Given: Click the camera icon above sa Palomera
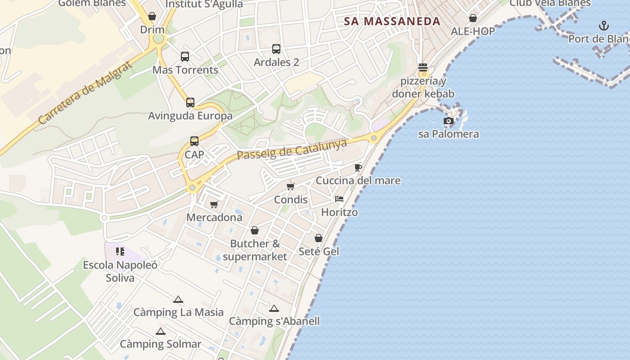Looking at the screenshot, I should [x=449, y=121].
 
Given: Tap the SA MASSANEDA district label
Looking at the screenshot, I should [x=392, y=21].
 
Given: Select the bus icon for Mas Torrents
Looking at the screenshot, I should [x=185, y=57].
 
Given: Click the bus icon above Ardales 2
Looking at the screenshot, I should [x=276, y=49].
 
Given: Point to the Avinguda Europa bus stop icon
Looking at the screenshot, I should [x=190, y=103].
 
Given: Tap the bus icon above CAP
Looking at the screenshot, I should [x=194, y=141].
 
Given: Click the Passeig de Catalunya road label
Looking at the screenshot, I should [x=292, y=149].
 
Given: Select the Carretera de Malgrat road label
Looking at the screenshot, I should [x=85, y=93].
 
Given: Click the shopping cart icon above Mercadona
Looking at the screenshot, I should [x=214, y=205].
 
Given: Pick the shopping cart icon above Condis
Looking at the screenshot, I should [x=291, y=186].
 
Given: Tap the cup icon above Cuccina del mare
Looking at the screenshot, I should [x=358, y=168].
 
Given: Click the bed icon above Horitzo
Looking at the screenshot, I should [x=339, y=199].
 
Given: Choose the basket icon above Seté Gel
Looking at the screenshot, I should [x=319, y=238].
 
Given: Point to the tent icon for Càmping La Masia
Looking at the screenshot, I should [x=178, y=300].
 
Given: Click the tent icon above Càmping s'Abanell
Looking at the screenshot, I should [x=274, y=309].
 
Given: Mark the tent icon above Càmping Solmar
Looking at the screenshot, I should [x=161, y=332].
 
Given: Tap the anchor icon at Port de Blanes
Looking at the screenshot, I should [x=603, y=26].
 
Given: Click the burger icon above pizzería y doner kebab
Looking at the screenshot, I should [x=423, y=67].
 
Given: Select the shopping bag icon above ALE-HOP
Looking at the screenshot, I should [x=473, y=18].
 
